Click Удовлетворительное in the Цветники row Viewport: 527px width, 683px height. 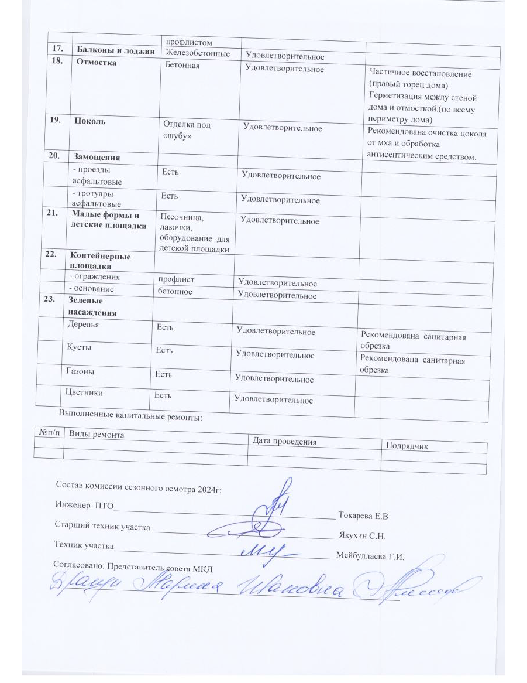[x=273, y=400]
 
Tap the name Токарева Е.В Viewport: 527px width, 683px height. [x=364, y=516]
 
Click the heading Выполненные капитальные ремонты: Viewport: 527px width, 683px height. [x=130, y=417]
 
